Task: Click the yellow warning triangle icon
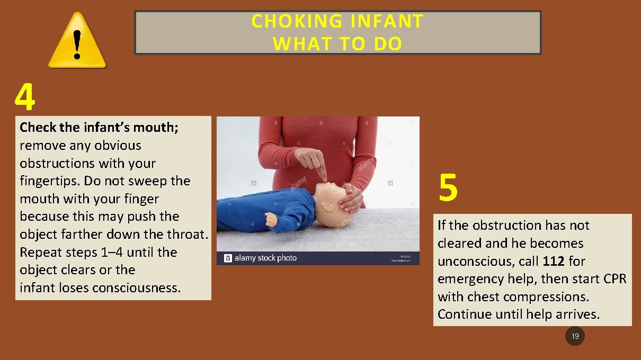pyautogui.click(x=77, y=41)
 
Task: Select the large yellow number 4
pyautogui.click(x=25, y=97)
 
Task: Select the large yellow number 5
pyautogui.click(x=448, y=189)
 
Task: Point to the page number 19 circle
pyautogui.click(x=575, y=336)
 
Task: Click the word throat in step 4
pyautogui.click(x=186, y=234)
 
